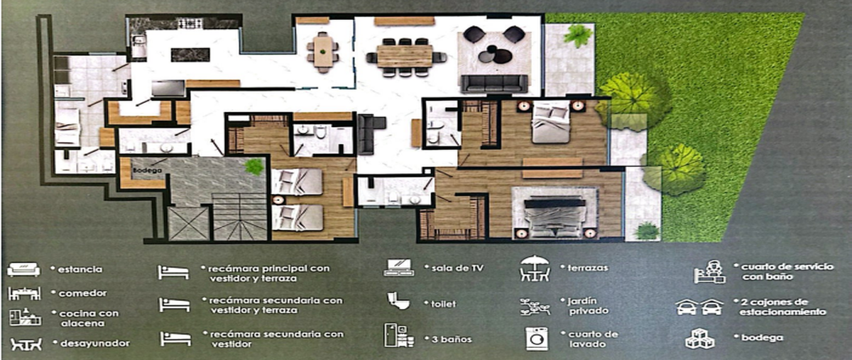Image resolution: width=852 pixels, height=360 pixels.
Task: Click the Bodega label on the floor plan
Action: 147,170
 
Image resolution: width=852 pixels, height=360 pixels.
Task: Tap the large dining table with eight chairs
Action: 405,57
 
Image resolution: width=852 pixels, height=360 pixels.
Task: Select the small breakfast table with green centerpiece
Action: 323,52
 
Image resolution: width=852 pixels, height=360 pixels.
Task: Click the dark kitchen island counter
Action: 190,55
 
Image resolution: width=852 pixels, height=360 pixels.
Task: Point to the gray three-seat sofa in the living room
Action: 494,83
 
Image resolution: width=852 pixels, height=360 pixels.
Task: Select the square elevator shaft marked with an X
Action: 188,224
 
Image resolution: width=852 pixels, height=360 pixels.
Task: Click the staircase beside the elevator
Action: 239,217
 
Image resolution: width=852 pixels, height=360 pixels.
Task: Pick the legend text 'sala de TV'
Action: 457,268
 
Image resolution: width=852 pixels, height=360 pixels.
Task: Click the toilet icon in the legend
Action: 398,300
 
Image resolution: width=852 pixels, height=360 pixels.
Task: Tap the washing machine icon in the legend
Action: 537,339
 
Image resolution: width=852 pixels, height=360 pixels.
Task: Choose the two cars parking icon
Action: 699,307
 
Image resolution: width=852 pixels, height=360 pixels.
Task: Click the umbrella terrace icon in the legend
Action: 535,268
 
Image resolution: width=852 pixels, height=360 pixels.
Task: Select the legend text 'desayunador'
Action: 95,343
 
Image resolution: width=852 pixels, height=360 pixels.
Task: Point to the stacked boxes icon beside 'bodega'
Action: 700,338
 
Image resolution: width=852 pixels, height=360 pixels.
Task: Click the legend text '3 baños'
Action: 452,339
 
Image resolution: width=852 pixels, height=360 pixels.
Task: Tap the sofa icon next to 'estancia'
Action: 23,269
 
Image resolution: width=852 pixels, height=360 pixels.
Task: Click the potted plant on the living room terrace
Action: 578,36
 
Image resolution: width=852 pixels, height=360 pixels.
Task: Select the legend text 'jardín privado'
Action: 588,306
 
